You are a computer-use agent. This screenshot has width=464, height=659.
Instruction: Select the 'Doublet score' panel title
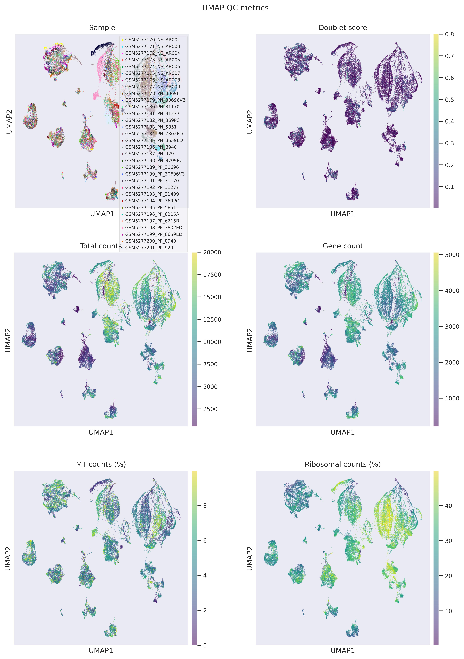click(343, 28)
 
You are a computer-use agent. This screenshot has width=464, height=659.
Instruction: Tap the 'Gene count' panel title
click(343, 246)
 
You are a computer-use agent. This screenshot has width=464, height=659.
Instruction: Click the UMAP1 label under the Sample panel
click(102, 214)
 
